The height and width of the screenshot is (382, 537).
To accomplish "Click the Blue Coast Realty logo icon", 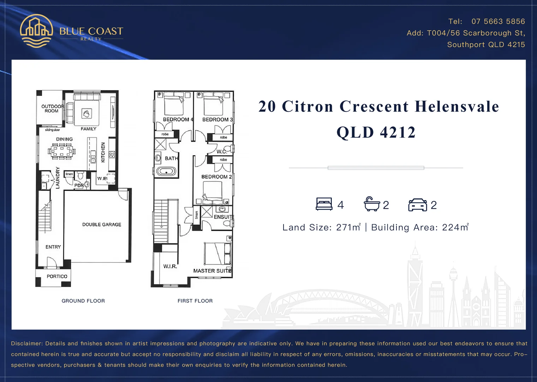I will [x=36, y=31].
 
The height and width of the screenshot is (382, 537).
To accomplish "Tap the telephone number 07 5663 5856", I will [x=498, y=22].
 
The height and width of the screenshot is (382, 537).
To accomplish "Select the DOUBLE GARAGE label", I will [x=102, y=225].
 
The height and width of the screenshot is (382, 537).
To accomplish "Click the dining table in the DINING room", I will [x=62, y=152].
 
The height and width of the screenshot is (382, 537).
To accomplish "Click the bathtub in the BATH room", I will [x=166, y=172].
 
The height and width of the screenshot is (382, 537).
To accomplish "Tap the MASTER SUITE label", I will [x=212, y=271].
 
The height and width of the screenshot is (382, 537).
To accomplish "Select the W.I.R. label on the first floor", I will [x=170, y=266].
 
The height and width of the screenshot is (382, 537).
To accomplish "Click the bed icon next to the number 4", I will [x=324, y=204].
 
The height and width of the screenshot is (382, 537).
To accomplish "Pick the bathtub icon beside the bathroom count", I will [x=372, y=204].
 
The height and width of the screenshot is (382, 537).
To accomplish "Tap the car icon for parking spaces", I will [x=417, y=205].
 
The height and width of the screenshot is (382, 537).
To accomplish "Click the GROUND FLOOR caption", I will [x=83, y=301].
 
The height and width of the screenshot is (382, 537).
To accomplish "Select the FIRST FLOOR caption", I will [x=195, y=301].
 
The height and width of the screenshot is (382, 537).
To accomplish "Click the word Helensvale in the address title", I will [x=457, y=106].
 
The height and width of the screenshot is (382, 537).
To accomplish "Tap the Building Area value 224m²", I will [x=455, y=227].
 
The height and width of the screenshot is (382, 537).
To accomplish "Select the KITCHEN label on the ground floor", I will [x=103, y=152].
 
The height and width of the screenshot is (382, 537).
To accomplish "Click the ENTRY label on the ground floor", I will [x=53, y=247].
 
